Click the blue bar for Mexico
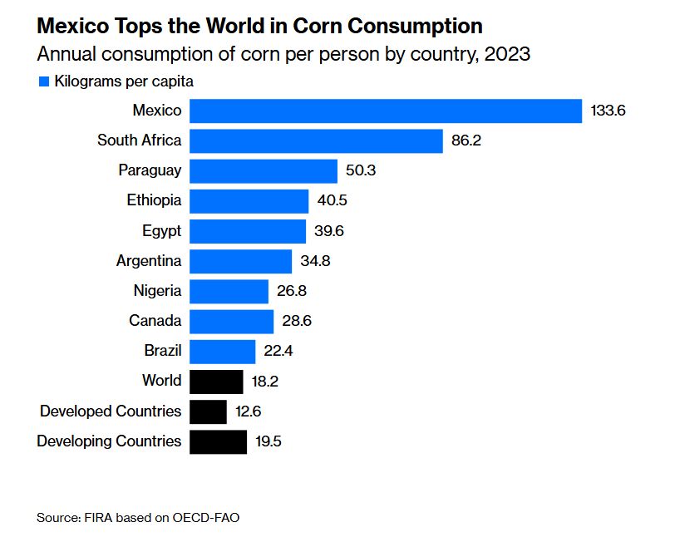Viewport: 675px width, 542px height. (386, 111)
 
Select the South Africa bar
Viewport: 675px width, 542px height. (316, 140)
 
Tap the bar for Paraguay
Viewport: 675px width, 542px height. (264, 170)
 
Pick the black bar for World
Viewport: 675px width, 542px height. (216, 381)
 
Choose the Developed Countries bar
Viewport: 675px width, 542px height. (208, 411)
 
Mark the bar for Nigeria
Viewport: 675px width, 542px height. (229, 291)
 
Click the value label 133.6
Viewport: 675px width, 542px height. (608, 111)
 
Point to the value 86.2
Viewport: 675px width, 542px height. (466, 140)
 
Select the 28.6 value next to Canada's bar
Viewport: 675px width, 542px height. (296, 321)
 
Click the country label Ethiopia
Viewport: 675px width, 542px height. (154, 200)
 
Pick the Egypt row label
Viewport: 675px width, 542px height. (161, 230)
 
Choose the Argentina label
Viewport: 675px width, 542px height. (149, 260)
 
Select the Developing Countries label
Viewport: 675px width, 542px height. (109, 441)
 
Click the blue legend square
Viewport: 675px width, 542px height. (43, 81)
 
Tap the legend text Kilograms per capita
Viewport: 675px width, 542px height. (124, 81)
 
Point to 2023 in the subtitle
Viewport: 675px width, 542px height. (507, 55)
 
